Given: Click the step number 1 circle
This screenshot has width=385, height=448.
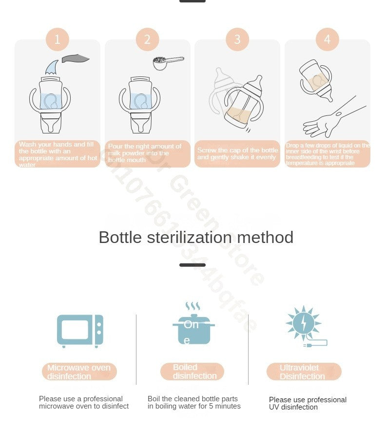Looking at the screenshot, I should pos(58,39).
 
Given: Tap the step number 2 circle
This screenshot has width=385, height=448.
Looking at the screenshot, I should pos(147,39).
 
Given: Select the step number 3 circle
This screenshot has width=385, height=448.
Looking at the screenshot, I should pos(237,39).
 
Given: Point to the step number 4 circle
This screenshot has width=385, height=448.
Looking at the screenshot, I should pos(327,39).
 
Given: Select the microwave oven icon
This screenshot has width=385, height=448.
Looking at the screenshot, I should pos(80,331).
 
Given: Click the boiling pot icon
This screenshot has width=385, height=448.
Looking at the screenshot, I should pos(194,330).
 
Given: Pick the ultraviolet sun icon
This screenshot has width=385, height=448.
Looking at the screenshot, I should pos(303,322).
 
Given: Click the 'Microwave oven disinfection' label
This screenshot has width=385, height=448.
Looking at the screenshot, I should pos(79,372).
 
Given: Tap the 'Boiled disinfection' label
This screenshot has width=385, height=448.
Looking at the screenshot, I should pos(192,372).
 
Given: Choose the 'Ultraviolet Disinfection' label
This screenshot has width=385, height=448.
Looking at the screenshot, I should pos(304,372).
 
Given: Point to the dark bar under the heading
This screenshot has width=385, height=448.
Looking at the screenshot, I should pos(192,265).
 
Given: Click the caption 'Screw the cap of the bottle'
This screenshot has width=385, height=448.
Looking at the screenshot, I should pos(237,150).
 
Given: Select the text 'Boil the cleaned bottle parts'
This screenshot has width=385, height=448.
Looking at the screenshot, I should pos(193,399).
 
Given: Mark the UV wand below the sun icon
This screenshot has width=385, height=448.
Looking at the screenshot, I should pos(316,344).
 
